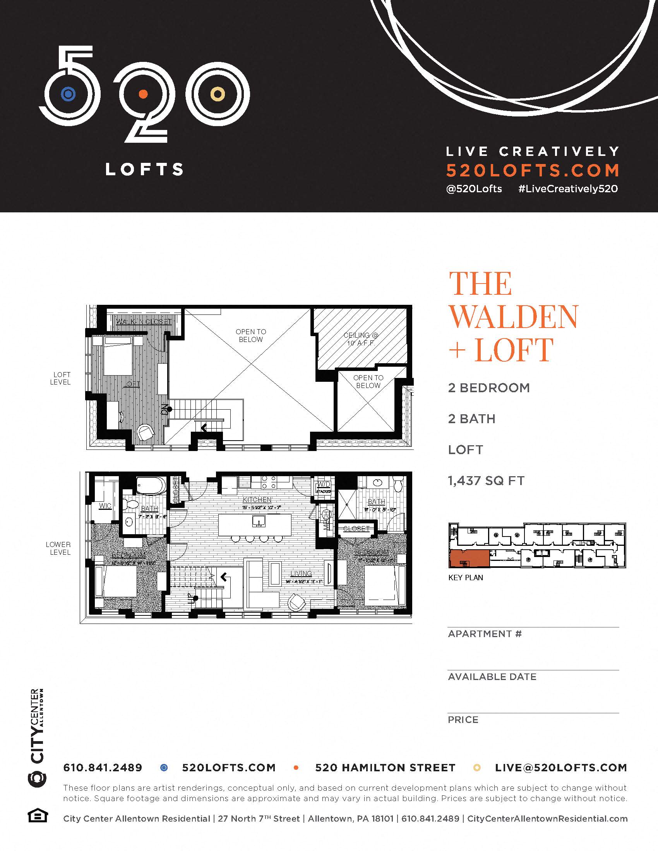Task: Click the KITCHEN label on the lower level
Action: point(257,499)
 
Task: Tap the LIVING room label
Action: point(301,573)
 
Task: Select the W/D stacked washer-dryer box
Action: point(324,487)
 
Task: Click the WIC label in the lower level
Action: point(105,506)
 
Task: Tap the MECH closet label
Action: point(326,520)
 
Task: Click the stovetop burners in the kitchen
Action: point(269,482)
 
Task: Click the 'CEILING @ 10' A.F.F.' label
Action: point(361,339)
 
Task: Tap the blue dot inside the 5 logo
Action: point(68,94)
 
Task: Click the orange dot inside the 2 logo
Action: point(143,94)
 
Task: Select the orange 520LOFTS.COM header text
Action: point(533,170)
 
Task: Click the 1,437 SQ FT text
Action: point(486,481)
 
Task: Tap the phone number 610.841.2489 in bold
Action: point(103,767)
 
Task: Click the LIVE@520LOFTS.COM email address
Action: point(561,767)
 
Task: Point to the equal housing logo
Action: point(38,815)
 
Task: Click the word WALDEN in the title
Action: point(514,316)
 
